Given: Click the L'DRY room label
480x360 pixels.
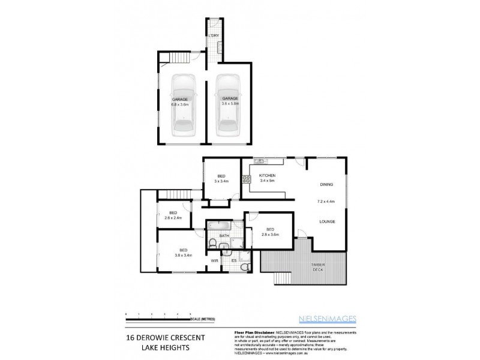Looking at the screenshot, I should pyautogui.click(x=212, y=37).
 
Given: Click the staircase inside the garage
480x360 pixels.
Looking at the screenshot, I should pyautogui.click(x=179, y=58).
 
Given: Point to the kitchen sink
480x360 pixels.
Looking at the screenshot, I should pyautogui.click(x=260, y=161).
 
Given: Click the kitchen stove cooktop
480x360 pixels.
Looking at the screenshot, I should pyautogui.click(x=245, y=179).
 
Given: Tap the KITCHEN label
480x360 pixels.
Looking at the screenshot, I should pyautogui.click(x=267, y=175).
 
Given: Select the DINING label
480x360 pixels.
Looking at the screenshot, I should pyautogui.click(x=326, y=185).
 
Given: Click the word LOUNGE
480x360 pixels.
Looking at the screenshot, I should pyautogui.click(x=327, y=221).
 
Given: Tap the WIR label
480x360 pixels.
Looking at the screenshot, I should pyautogui.click(x=214, y=261).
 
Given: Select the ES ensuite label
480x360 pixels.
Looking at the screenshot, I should pyautogui.click(x=233, y=261).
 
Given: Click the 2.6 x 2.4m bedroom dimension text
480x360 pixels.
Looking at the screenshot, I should pyautogui.click(x=173, y=218).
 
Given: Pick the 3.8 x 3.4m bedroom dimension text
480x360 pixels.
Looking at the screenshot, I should pyautogui.click(x=183, y=256).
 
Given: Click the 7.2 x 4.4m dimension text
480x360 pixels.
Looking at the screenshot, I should pyautogui.click(x=326, y=202).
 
